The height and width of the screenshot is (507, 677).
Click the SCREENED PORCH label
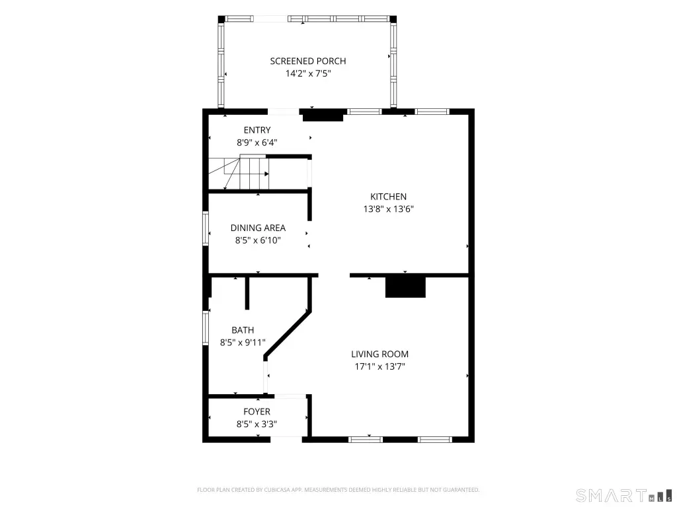pyautogui.click(x=308, y=61)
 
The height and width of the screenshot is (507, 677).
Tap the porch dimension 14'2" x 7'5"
pyautogui.click(x=308, y=74)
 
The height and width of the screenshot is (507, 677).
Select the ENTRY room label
pyautogui.click(x=257, y=130)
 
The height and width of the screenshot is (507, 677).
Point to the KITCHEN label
pyautogui.click(x=388, y=197)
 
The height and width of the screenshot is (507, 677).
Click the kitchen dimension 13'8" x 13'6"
pyautogui.click(x=388, y=209)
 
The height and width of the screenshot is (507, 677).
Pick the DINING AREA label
pyautogui.click(x=258, y=228)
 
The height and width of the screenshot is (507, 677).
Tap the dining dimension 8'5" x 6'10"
pyautogui.click(x=258, y=240)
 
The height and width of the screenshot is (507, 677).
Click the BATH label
pyautogui.click(x=243, y=330)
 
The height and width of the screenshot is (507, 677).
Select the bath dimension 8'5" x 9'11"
pyautogui.click(x=243, y=343)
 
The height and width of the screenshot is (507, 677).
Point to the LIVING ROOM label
pyautogui.click(x=379, y=355)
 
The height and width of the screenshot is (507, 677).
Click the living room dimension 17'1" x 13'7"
pyautogui.click(x=379, y=367)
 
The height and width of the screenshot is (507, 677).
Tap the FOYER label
pyautogui.click(x=257, y=412)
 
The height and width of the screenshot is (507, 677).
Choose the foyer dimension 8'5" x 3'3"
pyautogui.click(x=257, y=424)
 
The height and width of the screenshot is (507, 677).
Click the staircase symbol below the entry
pyautogui.click(x=239, y=173)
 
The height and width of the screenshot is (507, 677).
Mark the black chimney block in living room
pyautogui.click(x=405, y=287)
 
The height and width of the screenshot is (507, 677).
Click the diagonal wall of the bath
pyautogui.click(x=287, y=333)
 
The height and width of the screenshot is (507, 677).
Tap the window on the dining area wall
pyautogui.click(x=206, y=228)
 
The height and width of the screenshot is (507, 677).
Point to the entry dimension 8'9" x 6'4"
pyautogui.click(x=257, y=143)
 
